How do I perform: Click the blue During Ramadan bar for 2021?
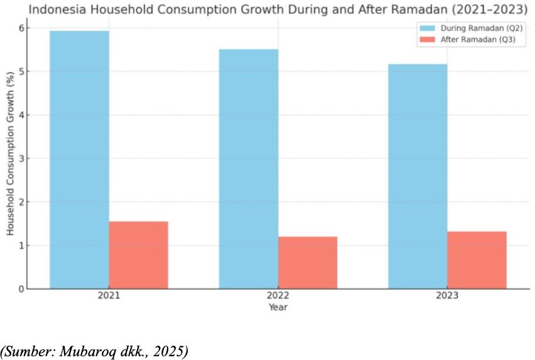pos(79,160)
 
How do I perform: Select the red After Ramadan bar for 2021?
pos(138,255)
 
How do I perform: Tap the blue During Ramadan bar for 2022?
pos(249,169)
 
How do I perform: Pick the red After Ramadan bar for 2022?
pos(308,263)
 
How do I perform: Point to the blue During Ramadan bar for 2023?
pos(418,177)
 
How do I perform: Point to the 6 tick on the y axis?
pos(21,28)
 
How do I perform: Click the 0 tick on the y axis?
pos(21,289)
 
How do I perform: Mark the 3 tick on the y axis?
pos(21,158)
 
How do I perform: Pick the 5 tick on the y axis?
pos(21,72)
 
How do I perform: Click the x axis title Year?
pos(278,308)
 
